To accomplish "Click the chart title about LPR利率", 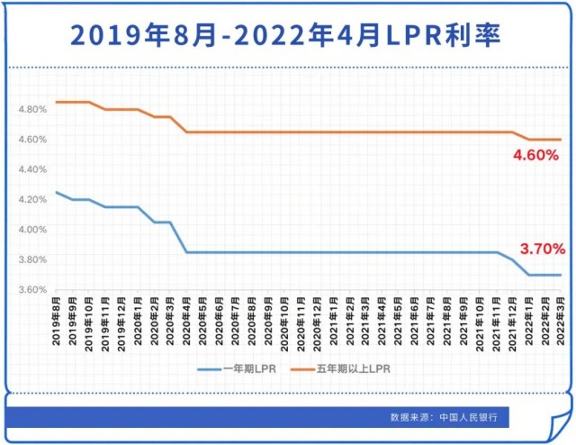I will (x=287, y=35).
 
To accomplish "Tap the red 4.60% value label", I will (x=537, y=156).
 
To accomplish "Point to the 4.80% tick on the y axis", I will (x=31, y=109).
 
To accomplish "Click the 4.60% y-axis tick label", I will (x=31, y=140).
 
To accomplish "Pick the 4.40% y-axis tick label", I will (x=31, y=169).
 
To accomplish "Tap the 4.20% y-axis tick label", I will (x=31, y=199).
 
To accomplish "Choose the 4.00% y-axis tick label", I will (x=31, y=230).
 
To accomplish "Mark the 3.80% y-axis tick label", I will (x=31, y=259).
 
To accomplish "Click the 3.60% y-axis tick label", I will (x=31, y=290).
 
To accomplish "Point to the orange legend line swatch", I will (x=301, y=368).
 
